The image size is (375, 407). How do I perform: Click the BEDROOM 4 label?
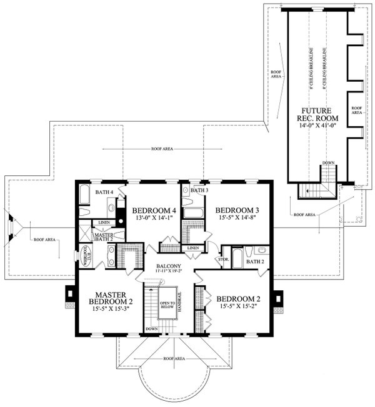(152, 210)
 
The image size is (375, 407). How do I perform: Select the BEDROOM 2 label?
(238, 298)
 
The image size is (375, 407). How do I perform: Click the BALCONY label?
(169, 267)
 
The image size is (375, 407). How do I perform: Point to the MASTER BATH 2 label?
(102, 235)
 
